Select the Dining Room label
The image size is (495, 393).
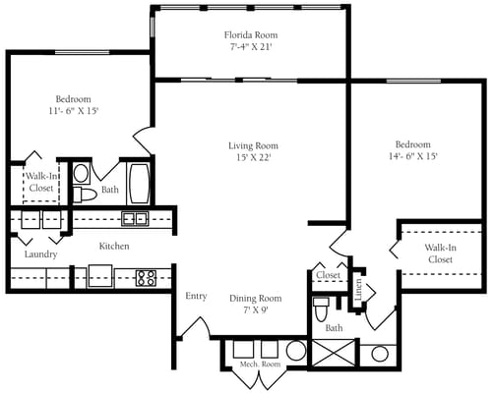pyautogui.click(x=256, y=298)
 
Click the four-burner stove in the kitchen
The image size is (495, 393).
pyautogui.click(x=146, y=277)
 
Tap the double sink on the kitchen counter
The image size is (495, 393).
pyautogui.click(x=135, y=218)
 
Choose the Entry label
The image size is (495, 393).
pyautogui.click(x=195, y=296)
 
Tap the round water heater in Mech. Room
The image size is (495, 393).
pyautogui.click(x=295, y=351)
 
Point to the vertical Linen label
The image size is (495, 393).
pyautogui.click(x=359, y=288)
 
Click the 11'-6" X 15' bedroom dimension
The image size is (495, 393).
pyautogui.click(x=73, y=111)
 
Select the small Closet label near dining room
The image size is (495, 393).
pyautogui.click(x=328, y=276)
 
